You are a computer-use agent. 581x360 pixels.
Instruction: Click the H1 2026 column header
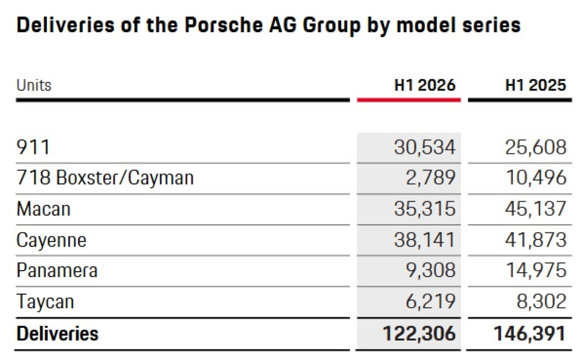click(424, 85)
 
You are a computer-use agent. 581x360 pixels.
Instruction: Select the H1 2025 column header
click(536, 85)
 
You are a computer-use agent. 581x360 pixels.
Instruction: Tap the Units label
click(34, 85)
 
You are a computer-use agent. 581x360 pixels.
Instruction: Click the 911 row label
click(33, 147)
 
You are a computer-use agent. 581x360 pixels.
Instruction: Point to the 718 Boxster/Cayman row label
click(105, 178)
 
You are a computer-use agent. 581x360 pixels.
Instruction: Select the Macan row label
click(44, 209)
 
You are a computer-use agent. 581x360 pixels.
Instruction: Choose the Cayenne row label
click(52, 241)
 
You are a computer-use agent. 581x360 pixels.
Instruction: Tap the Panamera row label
click(57, 270)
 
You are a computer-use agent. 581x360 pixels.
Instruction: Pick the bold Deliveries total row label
click(58, 333)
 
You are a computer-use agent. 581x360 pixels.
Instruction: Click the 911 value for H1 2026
click(424, 147)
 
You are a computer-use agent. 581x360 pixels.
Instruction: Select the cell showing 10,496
click(536, 178)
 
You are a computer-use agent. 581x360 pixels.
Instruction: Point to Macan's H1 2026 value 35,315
click(424, 209)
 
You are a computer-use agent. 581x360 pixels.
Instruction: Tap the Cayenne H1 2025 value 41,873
click(536, 240)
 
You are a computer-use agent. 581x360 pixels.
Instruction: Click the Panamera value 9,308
click(430, 270)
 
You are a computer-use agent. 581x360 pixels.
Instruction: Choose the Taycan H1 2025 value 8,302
click(542, 301)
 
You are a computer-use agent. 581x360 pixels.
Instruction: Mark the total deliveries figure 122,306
click(419, 333)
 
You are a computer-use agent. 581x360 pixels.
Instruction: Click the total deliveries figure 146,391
click(530, 333)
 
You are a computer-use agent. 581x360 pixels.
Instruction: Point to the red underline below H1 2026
click(409, 100)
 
